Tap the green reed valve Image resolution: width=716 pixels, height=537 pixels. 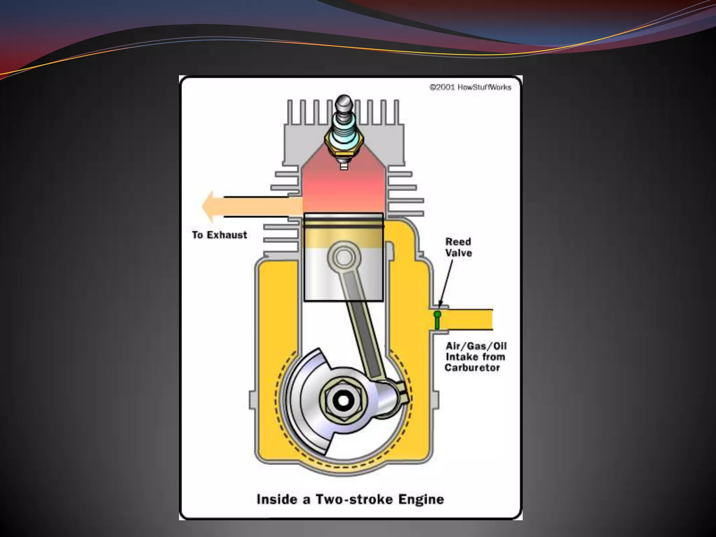437,320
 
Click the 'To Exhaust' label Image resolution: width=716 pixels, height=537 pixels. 220,235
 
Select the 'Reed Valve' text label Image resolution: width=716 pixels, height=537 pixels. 458,247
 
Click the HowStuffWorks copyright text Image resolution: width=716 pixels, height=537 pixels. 470,87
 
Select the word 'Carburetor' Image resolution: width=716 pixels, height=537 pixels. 472,368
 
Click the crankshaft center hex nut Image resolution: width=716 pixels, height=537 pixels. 344,401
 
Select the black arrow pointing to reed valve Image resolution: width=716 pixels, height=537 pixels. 446,283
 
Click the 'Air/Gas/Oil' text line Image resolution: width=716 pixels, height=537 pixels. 476,346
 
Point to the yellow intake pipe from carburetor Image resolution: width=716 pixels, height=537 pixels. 468,320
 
